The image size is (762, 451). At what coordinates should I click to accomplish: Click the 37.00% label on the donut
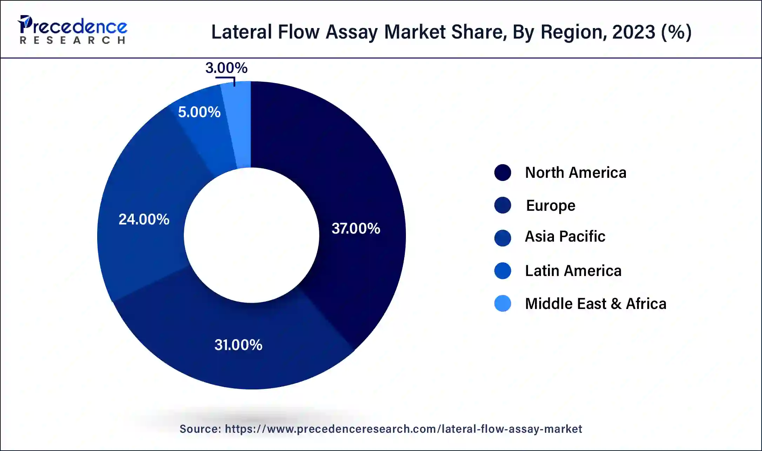[x=356, y=228]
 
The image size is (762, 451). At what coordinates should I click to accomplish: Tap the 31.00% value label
[x=238, y=345]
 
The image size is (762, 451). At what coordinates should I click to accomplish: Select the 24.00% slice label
[x=144, y=219]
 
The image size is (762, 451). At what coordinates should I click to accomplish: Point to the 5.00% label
[x=199, y=112]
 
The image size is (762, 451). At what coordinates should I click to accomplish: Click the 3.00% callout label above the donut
[x=226, y=68]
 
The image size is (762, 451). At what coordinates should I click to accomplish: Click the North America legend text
[x=575, y=173]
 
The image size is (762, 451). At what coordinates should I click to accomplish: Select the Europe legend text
[x=550, y=206]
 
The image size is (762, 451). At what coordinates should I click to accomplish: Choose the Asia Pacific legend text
[x=565, y=236]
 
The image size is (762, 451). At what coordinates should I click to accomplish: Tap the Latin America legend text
[x=573, y=271]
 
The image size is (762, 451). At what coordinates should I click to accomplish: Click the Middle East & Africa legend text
[x=595, y=304]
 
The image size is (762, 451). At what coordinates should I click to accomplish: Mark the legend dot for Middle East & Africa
[x=502, y=304]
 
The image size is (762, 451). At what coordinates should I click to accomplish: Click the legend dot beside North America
[x=502, y=173]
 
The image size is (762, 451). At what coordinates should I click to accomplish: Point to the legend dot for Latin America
[x=502, y=271]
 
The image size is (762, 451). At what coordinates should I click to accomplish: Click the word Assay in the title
[x=352, y=32]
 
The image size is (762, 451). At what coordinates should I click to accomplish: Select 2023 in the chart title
[x=633, y=32]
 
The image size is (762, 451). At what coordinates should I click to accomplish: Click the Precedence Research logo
[x=72, y=29]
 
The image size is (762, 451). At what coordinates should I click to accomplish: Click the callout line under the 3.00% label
[x=226, y=78]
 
